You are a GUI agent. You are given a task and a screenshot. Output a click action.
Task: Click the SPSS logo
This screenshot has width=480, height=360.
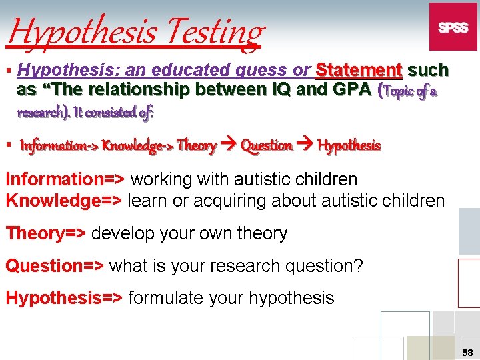pos(453,27)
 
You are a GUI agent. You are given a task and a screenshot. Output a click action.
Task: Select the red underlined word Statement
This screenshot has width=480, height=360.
pos(359,70)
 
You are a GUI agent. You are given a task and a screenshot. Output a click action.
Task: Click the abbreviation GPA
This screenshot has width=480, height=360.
pos(348,89)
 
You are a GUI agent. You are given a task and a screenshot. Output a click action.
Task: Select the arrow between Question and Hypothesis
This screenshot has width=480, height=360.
pos(305,145)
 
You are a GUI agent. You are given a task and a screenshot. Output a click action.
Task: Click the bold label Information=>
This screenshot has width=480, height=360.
pos(65,179)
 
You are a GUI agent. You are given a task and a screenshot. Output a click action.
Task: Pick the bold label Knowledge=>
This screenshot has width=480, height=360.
pos(64,200)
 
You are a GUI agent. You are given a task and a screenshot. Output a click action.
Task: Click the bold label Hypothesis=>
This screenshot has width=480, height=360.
pos(64,297)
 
